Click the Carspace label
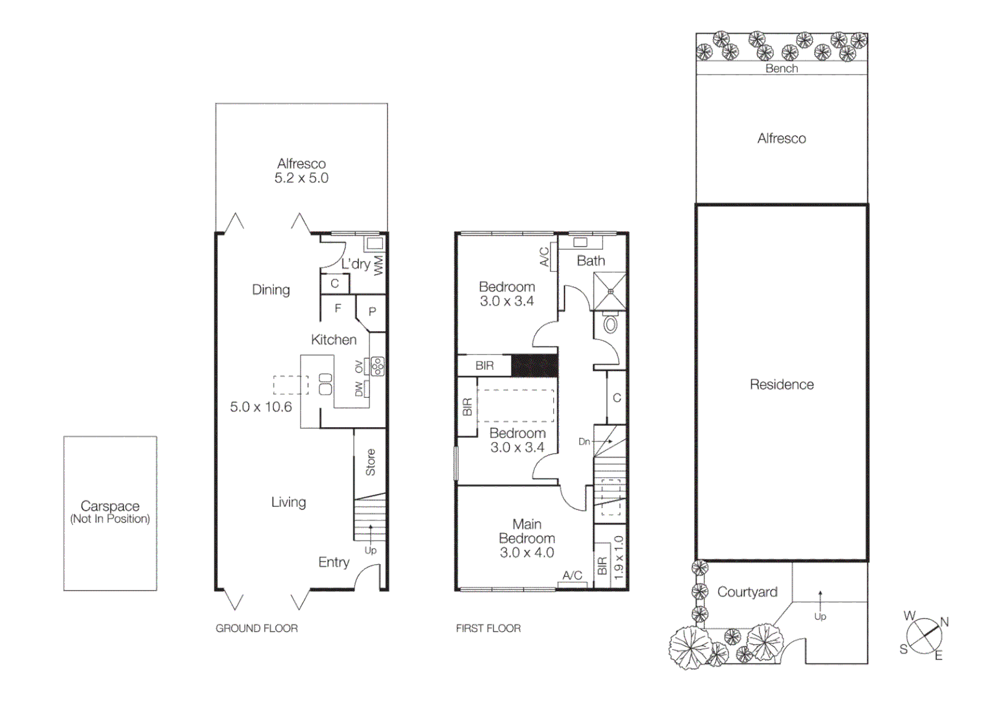click(110, 506)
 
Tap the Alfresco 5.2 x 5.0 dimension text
click(301, 178)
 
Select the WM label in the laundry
click(378, 265)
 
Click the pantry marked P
click(372, 312)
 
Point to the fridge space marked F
click(338, 308)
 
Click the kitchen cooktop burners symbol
click(377, 367)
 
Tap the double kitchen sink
click(325, 384)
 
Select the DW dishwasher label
click(359, 389)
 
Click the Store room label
click(370, 462)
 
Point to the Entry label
click(334, 562)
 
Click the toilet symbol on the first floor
click(610, 323)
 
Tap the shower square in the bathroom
click(610, 291)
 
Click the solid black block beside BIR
click(534, 365)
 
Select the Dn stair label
click(584, 441)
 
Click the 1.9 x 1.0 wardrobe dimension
click(618, 558)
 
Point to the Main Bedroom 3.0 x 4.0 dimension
click(527, 552)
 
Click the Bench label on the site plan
click(781, 68)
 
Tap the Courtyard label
click(747, 592)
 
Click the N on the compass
click(944, 622)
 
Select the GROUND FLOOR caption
click(256, 628)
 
